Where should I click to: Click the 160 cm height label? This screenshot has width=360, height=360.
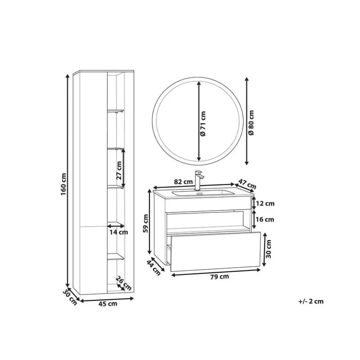tap(64, 184)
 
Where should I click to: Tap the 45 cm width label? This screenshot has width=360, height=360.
tap(108, 304)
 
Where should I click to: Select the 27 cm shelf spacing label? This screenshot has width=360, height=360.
tap(119, 170)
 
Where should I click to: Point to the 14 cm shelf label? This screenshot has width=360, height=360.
tap(118, 232)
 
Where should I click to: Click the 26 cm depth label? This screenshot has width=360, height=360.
tap(124, 283)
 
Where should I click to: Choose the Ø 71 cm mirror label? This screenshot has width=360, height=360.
tap(203, 124)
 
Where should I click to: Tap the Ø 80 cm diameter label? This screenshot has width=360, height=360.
tap(251, 122)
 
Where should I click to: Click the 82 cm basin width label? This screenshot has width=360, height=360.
tap(183, 182)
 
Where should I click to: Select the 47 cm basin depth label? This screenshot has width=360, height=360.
tap(247, 184)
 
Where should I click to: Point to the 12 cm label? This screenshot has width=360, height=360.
tap(265, 204)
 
